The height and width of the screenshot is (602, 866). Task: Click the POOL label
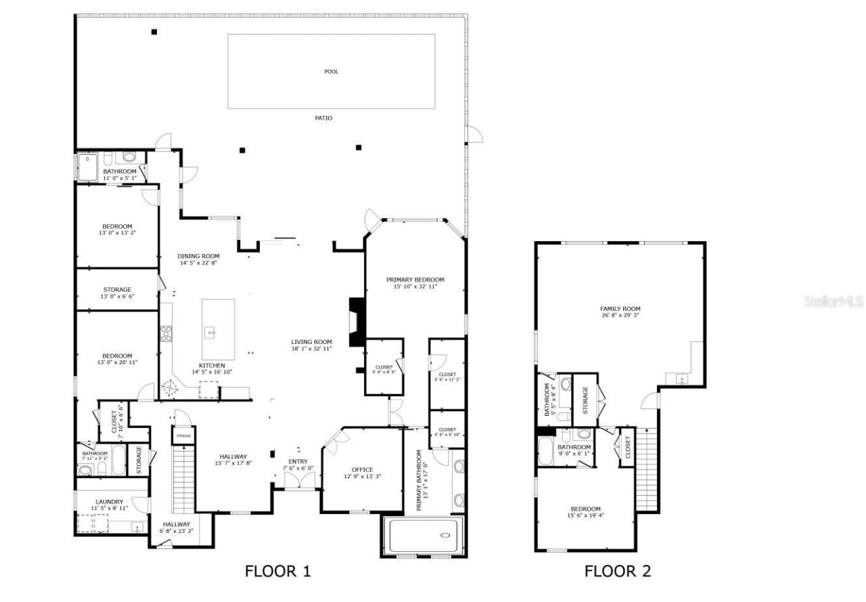[331, 71]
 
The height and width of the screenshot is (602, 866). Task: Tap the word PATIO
[323, 118]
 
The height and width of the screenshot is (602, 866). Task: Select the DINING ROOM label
[198, 256]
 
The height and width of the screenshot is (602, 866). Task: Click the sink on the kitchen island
[211, 332]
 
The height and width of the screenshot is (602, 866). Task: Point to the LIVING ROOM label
[311, 341]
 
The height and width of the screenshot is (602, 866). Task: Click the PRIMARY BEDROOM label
[415, 280]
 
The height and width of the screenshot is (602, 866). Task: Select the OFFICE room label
[362, 469]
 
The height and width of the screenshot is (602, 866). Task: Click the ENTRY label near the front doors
[298, 461]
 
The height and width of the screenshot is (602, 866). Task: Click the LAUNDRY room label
[109, 501]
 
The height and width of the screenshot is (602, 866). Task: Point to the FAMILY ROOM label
[620, 309]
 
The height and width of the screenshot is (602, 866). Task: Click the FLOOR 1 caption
[277, 571]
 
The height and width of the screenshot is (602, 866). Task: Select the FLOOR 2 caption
[617, 571]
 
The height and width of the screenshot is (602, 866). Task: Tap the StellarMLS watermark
[834, 301]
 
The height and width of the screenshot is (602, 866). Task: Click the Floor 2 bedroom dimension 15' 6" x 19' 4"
[585, 515]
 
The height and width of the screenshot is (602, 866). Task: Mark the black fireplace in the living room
[356, 322]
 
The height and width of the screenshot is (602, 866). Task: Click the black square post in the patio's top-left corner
[154, 32]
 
